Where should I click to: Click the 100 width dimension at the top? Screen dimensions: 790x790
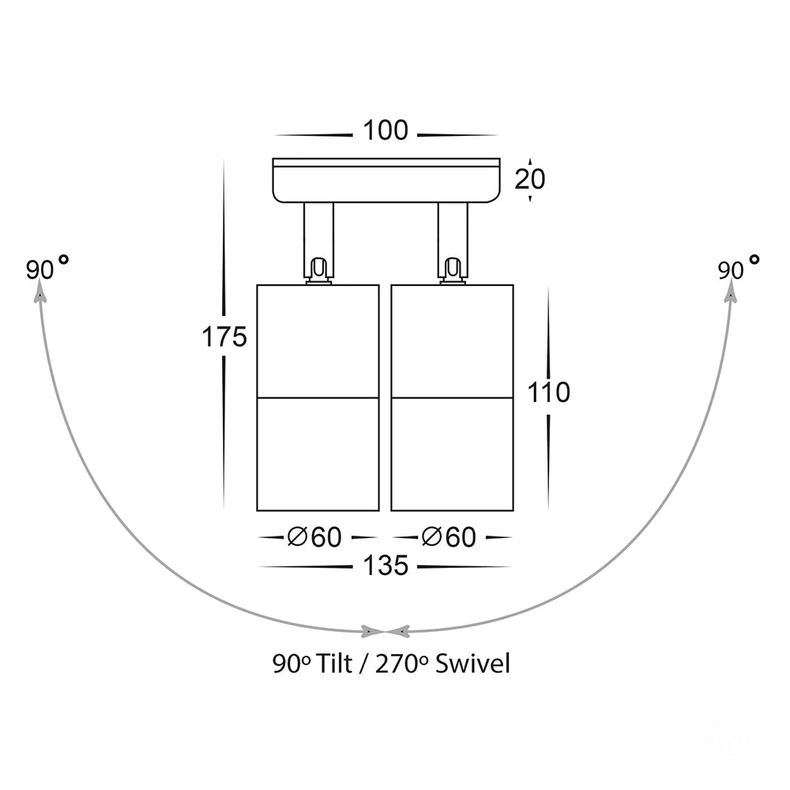pos(386,130)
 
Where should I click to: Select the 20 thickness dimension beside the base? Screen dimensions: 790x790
pos(529,179)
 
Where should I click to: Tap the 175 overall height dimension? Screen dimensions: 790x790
pos(224,337)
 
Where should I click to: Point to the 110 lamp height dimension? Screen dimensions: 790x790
pos(549,392)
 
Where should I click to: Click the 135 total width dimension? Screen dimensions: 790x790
pos(386,566)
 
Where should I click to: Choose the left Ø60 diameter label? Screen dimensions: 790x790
pos(314,537)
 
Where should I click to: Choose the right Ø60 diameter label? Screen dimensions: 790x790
pos(449,537)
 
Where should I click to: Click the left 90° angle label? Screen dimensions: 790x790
pos(47,268)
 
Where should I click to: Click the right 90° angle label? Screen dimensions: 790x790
pos(739,268)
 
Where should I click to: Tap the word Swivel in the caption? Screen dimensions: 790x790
pos(472,664)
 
